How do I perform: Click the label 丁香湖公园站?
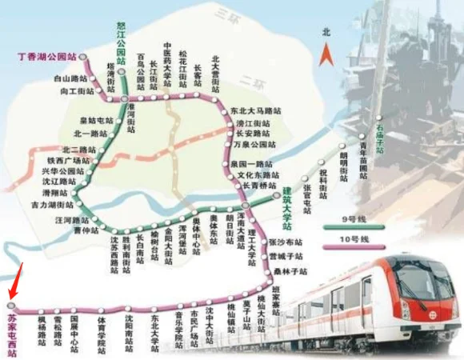[47, 58]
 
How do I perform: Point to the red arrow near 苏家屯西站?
[17, 282]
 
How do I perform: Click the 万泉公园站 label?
[254, 144]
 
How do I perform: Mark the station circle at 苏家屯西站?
[10, 306]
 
